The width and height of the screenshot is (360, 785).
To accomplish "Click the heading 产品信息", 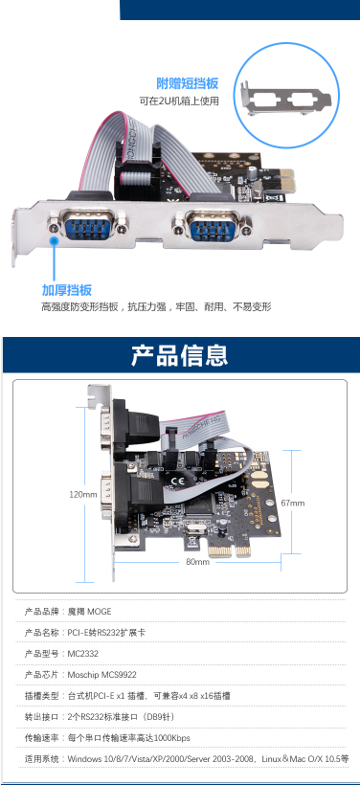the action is click(x=179, y=355).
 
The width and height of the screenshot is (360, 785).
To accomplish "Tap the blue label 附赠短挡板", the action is click(x=188, y=83).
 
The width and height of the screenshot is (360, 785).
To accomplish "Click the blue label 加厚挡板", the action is click(x=67, y=290).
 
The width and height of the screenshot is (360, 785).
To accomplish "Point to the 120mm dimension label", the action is click(x=83, y=494).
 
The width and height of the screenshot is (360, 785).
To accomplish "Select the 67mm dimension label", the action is click(x=292, y=504).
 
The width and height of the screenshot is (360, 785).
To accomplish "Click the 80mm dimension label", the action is click(x=198, y=562).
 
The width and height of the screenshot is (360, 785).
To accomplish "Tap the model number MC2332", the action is click(x=83, y=654).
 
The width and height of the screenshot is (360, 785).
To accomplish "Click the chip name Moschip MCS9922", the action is click(x=102, y=675).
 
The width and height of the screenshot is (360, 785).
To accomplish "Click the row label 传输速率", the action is click(x=41, y=738).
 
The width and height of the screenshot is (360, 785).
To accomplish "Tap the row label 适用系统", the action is click(x=41, y=759).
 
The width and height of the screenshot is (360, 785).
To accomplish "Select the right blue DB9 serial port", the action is click(x=213, y=224).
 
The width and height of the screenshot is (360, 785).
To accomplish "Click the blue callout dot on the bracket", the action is click(x=54, y=241).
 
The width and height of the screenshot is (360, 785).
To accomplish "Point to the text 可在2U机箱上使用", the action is click(x=179, y=101).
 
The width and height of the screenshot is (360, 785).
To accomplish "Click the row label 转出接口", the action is click(x=41, y=717).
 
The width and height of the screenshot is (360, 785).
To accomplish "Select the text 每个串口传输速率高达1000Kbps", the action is click(x=128, y=738).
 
